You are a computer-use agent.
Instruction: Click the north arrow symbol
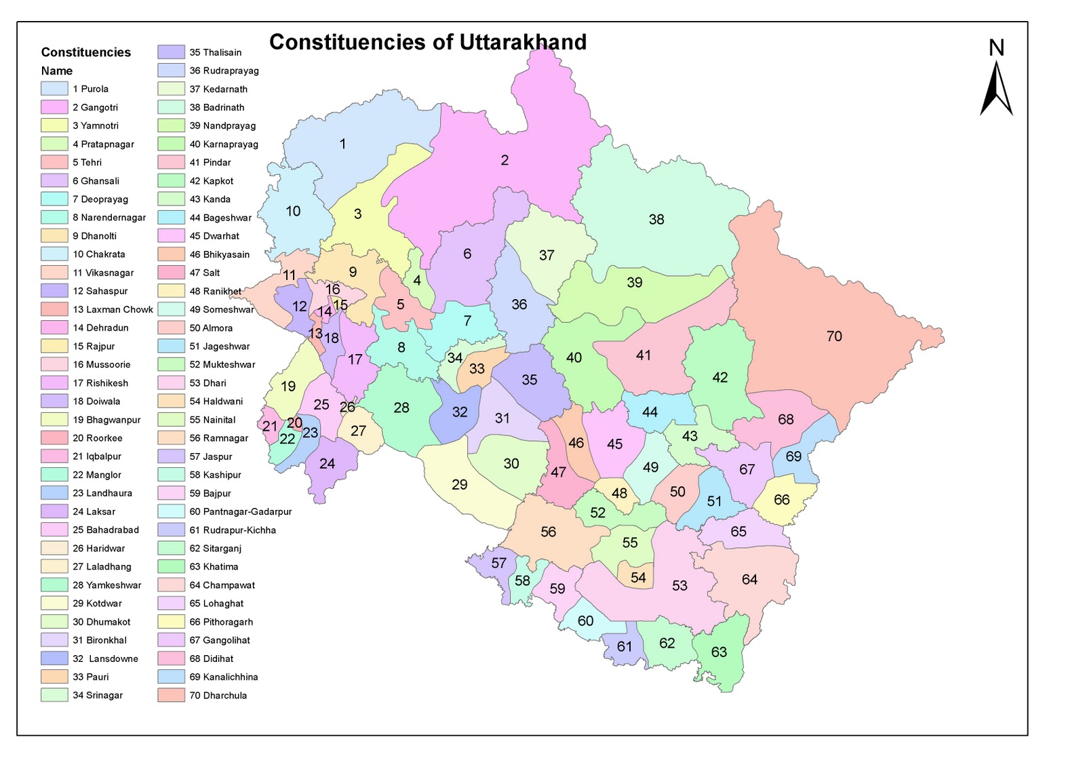(x=995, y=88)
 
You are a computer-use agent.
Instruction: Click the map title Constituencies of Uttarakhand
(x=427, y=42)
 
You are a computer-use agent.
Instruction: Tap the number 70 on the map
(x=834, y=336)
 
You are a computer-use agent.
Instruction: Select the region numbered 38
(x=656, y=219)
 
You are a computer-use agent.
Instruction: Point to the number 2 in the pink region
(x=505, y=160)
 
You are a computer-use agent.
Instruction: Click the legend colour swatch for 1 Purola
(x=54, y=89)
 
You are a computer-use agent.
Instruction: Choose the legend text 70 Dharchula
(x=218, y=695)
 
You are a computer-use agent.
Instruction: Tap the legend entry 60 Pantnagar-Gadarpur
(x=240, y=511)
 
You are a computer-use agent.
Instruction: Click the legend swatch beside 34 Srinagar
(x=54, y=695)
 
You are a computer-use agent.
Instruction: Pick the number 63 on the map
(x=719, y=652)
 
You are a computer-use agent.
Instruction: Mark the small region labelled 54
(x=638, y=577)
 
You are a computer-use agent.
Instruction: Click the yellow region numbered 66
(x=782, y=500)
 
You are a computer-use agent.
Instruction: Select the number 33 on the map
(x=477, y=368)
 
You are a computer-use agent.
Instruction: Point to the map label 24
(x=327, y=464)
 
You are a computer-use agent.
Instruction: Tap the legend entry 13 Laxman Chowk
(x=113, y=309)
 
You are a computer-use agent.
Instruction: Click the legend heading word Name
(x=57, y=71)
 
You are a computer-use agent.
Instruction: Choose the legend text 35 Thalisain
(x=215, y=52)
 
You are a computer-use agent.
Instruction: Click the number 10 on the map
(x=293, y=211)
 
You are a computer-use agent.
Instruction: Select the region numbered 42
(x=720, y=377)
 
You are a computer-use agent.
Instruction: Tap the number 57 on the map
(x=499, y=563)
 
